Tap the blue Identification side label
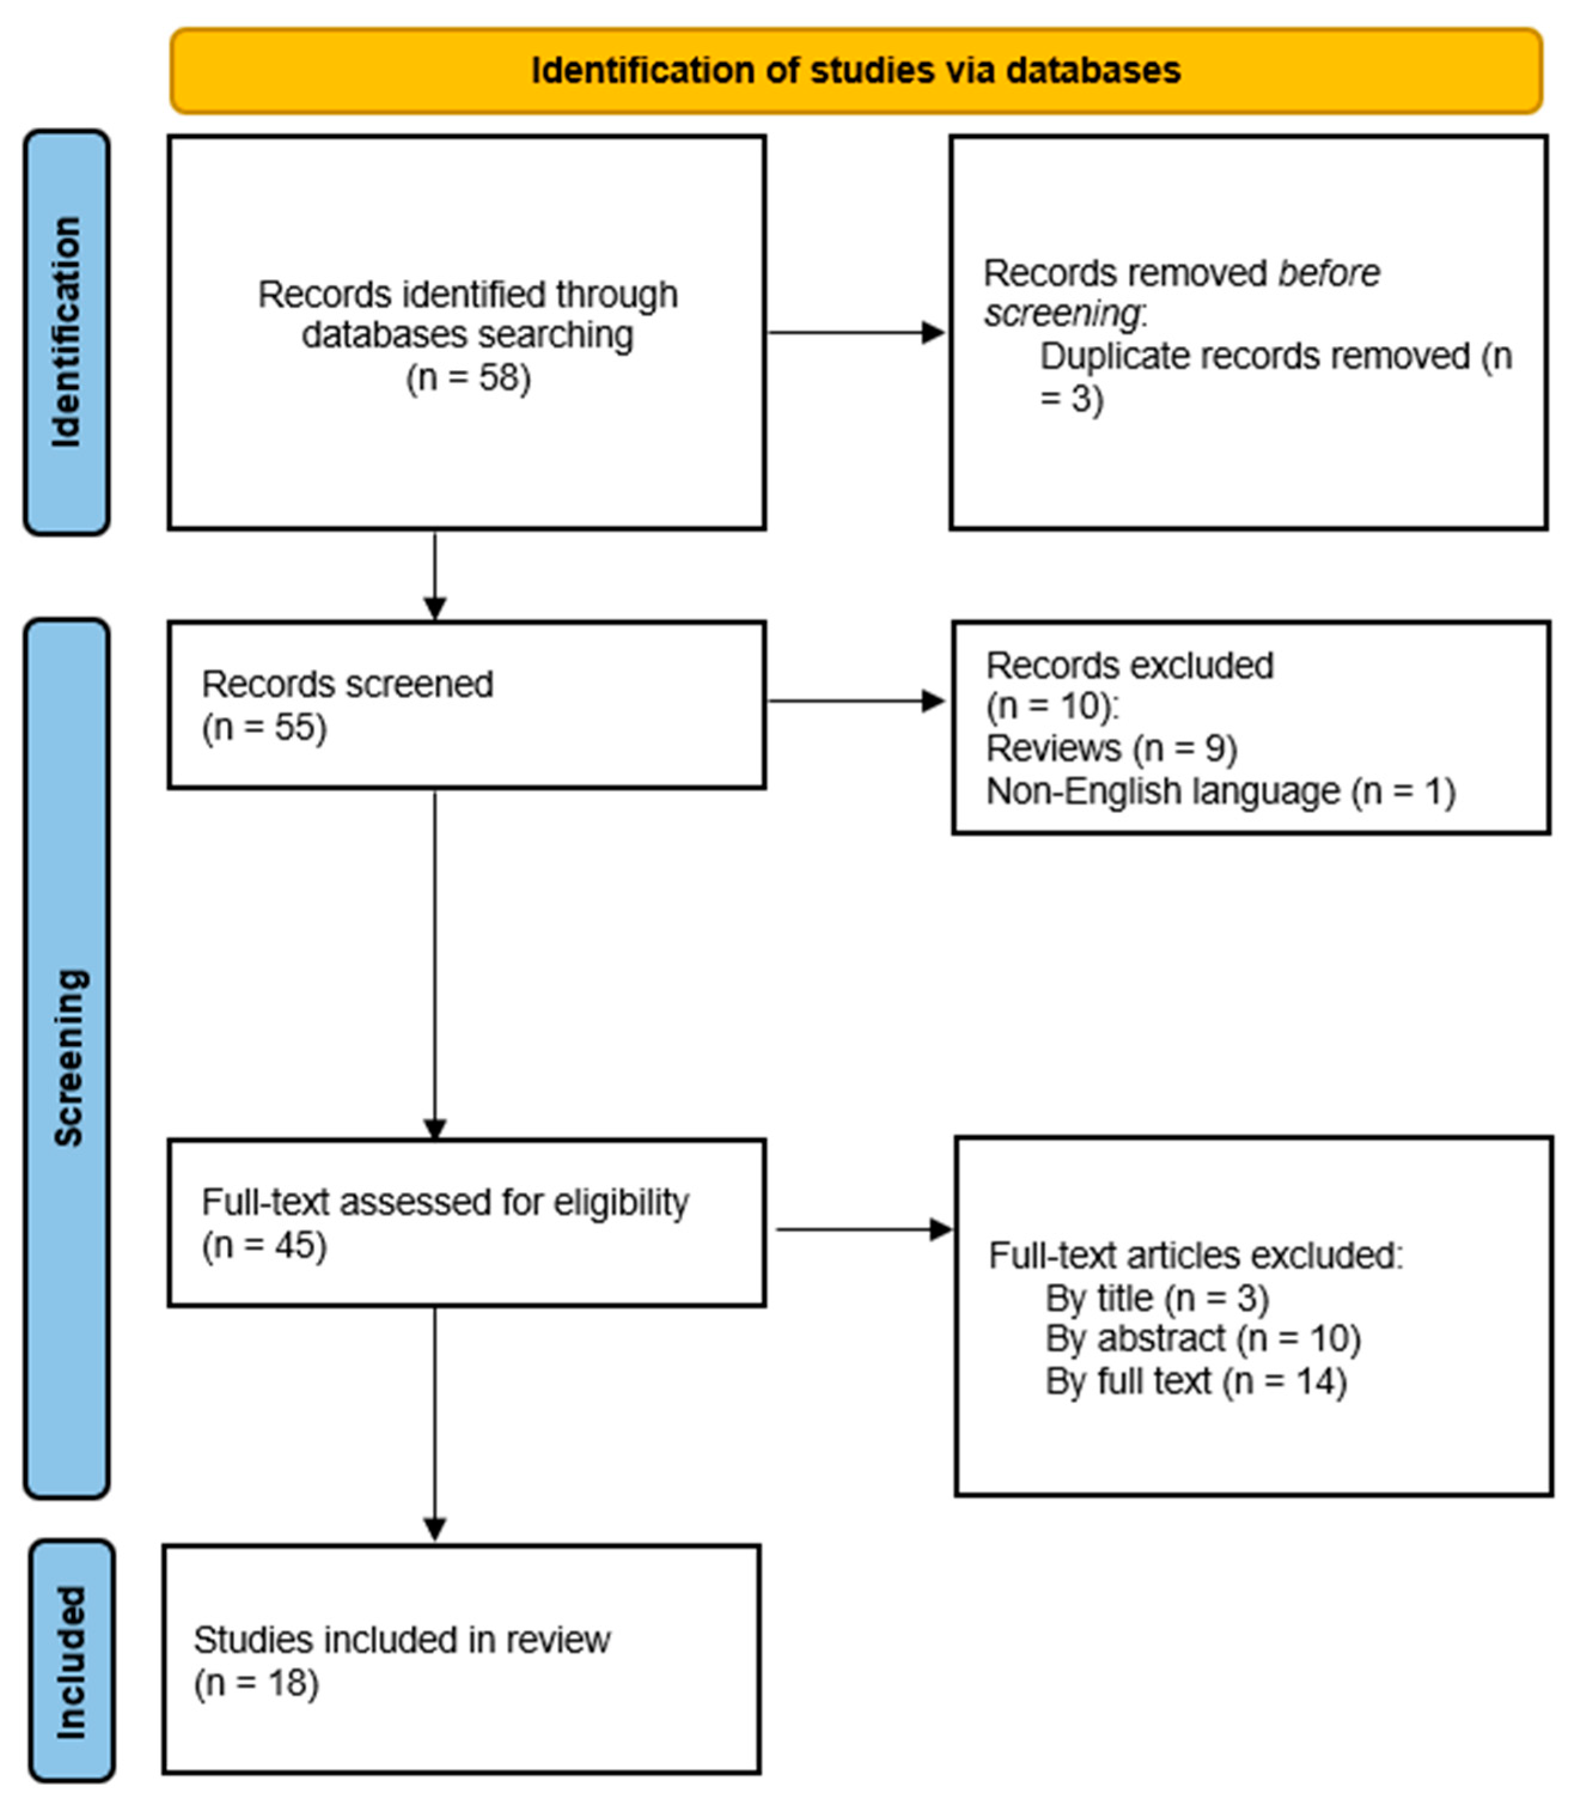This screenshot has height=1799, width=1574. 67,332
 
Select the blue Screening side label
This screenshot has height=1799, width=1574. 69,1058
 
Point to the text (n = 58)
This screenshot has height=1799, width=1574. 468,378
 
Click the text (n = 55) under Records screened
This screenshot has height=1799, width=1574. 264,728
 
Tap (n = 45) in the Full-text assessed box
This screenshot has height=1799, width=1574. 264,1245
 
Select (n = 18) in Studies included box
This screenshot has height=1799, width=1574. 256,1683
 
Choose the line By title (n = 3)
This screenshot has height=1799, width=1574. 1157,1297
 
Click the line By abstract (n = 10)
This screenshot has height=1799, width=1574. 1202,1339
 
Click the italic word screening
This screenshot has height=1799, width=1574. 1062,314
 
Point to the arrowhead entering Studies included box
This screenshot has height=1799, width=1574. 435,1528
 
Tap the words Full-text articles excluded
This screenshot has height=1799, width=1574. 1196,1256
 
